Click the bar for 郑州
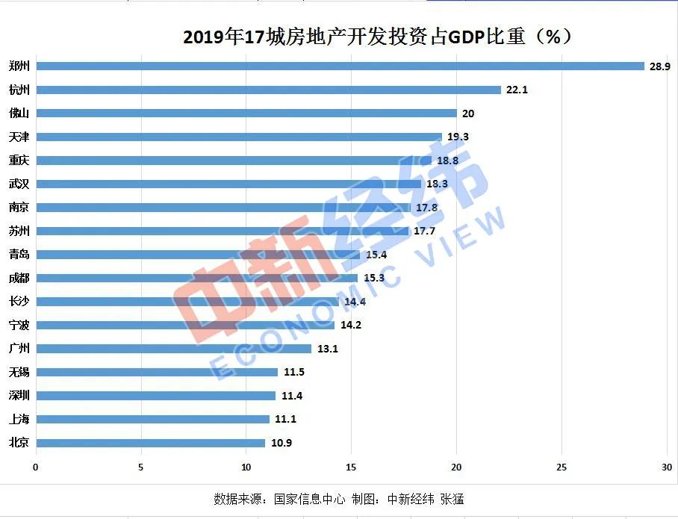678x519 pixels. coord(340,66)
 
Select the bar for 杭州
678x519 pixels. coord(268,90)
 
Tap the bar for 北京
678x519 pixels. coord(150,443)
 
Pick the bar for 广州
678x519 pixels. coord(173,349)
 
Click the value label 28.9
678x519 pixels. coord(659,66)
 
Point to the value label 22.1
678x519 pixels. coord(517,90)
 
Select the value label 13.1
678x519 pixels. coord(327,349)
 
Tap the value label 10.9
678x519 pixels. coord(281,443)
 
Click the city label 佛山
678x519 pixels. coord(19,114)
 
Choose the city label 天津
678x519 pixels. coord(19,137)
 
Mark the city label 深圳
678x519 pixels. coord(19,396)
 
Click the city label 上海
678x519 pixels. coord(19,419)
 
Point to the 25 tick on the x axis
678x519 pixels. coord(562,467)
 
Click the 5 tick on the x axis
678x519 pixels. coord(140,467)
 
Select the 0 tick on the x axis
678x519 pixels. coord(35,467)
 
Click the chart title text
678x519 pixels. coord(377,37)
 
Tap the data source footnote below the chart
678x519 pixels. coord(339,499)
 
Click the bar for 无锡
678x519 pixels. coord(157,372)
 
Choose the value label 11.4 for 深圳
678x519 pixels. coord(291,396)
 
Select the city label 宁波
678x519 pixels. coord(19,325)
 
